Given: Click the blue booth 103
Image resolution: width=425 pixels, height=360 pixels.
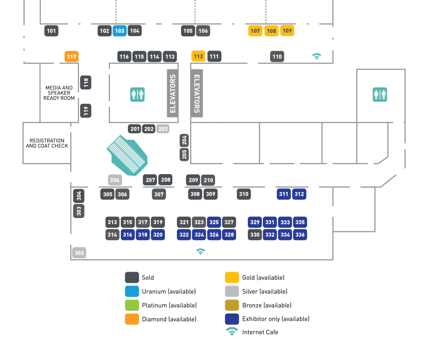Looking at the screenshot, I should [x=120, y=31].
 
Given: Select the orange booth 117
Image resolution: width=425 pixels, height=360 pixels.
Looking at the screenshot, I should [x=71, y=56].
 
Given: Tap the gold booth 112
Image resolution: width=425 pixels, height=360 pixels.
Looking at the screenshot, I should [x=198, y=56].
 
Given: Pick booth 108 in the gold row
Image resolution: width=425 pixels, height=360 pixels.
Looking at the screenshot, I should [x=271, y=31].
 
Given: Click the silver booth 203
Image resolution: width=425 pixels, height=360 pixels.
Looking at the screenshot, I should [x=163, y=129].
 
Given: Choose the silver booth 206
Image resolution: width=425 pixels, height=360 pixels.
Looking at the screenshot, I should [x=115, y=180].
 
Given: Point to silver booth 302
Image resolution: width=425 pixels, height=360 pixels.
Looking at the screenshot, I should [x=79, y=253].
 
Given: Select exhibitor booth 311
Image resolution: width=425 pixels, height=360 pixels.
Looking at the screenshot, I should [x=284, y=194].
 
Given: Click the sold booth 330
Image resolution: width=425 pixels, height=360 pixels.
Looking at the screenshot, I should [x=255, y=235].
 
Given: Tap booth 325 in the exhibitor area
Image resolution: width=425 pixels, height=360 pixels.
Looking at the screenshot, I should [x=214, y=222].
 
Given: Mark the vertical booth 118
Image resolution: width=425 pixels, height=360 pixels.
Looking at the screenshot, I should [x=86, y=82].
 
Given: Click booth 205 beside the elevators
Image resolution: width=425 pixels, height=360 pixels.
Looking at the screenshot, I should [x=184, y=154].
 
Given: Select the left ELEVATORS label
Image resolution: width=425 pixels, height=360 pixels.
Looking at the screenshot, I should [x=173, y=94].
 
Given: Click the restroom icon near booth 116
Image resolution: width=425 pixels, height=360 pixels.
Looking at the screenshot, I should [x=137, y=95].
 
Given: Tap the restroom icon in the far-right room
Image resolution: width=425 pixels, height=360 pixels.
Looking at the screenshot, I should [x=380, y=95].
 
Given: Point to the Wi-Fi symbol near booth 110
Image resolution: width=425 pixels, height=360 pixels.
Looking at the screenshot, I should [x=317, y=56].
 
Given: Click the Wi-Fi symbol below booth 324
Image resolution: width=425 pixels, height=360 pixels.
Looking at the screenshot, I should [x=200, y=251].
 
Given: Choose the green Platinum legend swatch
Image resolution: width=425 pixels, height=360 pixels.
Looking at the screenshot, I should [x=132, y=305].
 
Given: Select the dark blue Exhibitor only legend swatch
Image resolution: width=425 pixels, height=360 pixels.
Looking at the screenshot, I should [x=232, y=319].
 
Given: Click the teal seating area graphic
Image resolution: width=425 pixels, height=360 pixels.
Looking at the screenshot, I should [x=128, y=156].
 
